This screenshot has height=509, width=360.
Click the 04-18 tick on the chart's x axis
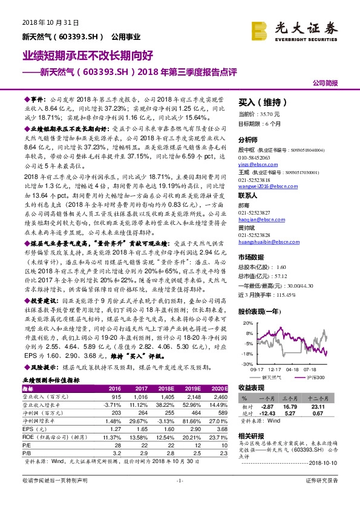click(x=292, y=368)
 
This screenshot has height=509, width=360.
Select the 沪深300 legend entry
click(x=317, y=377)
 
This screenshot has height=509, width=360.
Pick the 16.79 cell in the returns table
click(x=292, y=407)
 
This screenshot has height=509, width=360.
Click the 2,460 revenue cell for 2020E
click(x=218, y=397)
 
